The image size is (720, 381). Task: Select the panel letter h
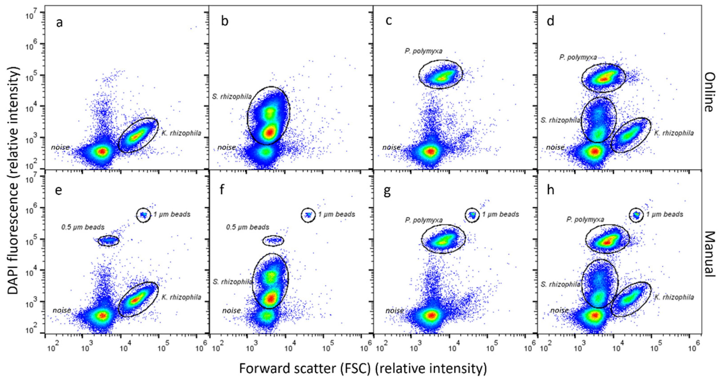click(550, 190)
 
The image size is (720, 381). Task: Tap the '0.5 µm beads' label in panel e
click(83, 227)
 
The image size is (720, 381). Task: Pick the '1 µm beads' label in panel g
click(501, 214)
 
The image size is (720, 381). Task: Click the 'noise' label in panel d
click(555, 147)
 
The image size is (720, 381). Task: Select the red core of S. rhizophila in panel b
click(270, 132)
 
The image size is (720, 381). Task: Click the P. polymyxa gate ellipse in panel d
click(603, 77)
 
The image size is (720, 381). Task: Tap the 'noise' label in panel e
click(62, 310)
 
